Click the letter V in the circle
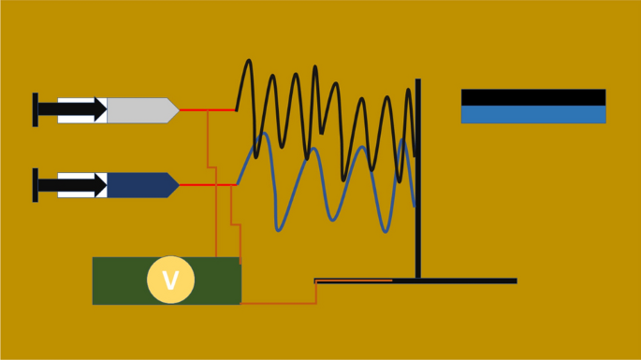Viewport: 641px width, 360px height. (x=170, y=281)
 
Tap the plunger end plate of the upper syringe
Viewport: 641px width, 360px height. (x=36, y=109)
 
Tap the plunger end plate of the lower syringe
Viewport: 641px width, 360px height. (x=36, y=184)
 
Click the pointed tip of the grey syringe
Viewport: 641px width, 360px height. (x=173, y=109)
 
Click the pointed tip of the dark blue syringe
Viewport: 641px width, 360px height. (x=173, y=184)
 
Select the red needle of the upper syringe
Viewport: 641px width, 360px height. (x=206, y=109)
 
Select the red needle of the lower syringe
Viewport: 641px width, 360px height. (x=206, y=185)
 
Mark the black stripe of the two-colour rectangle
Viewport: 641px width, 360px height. (x=532, y=97)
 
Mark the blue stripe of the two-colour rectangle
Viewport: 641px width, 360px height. (x=532, y=114)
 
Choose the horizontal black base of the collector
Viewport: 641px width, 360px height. (x=468, y=281)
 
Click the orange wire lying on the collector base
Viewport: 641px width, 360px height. (x=356, y=280)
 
